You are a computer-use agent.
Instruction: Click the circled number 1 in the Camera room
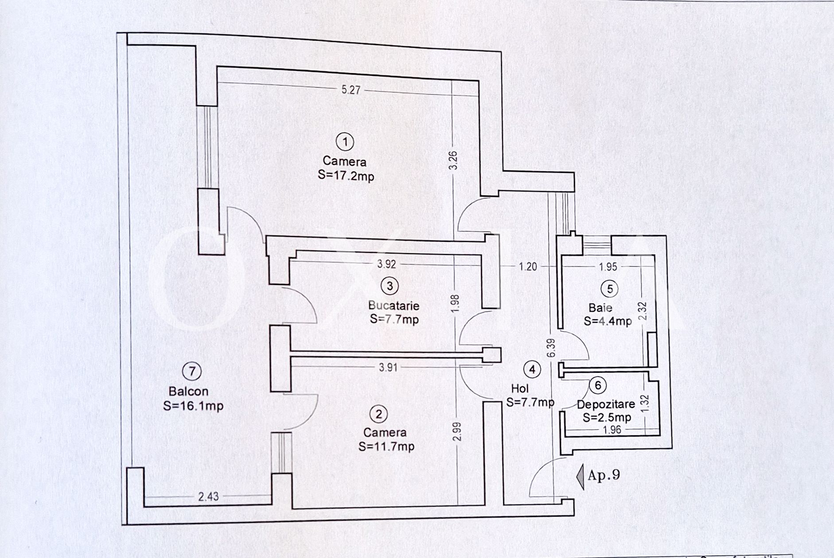click(345, 142)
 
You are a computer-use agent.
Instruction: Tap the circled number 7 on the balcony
click(192, 371)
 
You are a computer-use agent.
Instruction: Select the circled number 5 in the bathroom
click(609, 289)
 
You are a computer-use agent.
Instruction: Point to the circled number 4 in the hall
click(532, 369)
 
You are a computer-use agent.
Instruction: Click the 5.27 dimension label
click(351, 90)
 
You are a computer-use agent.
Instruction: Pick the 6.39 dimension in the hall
click(551, 348)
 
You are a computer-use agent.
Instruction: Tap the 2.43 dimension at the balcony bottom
click(208, 496)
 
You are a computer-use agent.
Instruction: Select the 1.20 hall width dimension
click(528, 266)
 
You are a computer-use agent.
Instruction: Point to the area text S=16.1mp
click(193, 406)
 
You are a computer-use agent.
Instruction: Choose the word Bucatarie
click(394, 305)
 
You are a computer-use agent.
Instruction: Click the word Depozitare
click(606, 404)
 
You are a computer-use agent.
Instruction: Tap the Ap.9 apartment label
click(604, 475)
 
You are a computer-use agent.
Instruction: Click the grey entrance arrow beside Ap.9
click(581, 476)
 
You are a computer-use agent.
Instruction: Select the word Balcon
click(188, 391)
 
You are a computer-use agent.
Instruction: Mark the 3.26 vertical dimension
click(453, 160)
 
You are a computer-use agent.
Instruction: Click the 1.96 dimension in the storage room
click(612, 429)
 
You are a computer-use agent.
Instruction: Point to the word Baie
click(600, 308)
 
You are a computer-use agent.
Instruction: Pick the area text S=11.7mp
click(386, 446)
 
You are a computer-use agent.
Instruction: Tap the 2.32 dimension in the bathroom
click(643, 311)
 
